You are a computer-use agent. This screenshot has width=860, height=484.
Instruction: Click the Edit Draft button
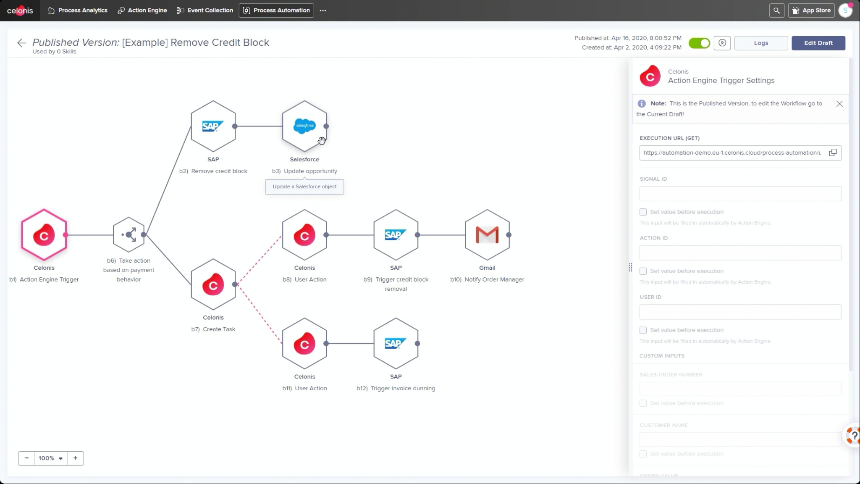(818, 43)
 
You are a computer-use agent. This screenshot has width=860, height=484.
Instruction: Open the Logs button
(760, 43)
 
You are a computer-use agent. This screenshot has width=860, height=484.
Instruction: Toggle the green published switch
(699, 43)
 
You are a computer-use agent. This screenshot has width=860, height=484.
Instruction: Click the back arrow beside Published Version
(21, 43)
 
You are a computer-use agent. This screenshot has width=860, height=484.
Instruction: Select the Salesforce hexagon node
(304, 126)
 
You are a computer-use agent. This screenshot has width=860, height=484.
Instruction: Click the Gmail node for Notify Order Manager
(487, 235)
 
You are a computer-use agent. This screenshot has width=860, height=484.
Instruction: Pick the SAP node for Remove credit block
(213, 126)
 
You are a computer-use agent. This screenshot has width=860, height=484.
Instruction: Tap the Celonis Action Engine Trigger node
(44, 235)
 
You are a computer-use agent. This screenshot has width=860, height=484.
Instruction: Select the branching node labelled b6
(129, 235)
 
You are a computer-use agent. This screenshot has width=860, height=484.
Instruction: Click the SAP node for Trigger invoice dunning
(396, 344)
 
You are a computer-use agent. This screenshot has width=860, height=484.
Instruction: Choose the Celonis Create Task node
(213, 285)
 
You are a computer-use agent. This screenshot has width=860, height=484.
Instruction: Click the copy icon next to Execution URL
(833, 153)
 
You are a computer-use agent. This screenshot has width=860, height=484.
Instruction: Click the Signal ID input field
(740, 194)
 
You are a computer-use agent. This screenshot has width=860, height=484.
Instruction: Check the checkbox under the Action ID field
(643, 271)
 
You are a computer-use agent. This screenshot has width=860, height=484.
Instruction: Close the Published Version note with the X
(839, 104)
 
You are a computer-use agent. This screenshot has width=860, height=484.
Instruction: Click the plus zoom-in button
(75, 458)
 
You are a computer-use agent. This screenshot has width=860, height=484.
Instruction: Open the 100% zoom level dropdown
(50, 458)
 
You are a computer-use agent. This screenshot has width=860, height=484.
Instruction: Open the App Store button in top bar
(811, 11)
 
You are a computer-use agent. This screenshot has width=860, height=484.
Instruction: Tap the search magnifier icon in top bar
(776, 11)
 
